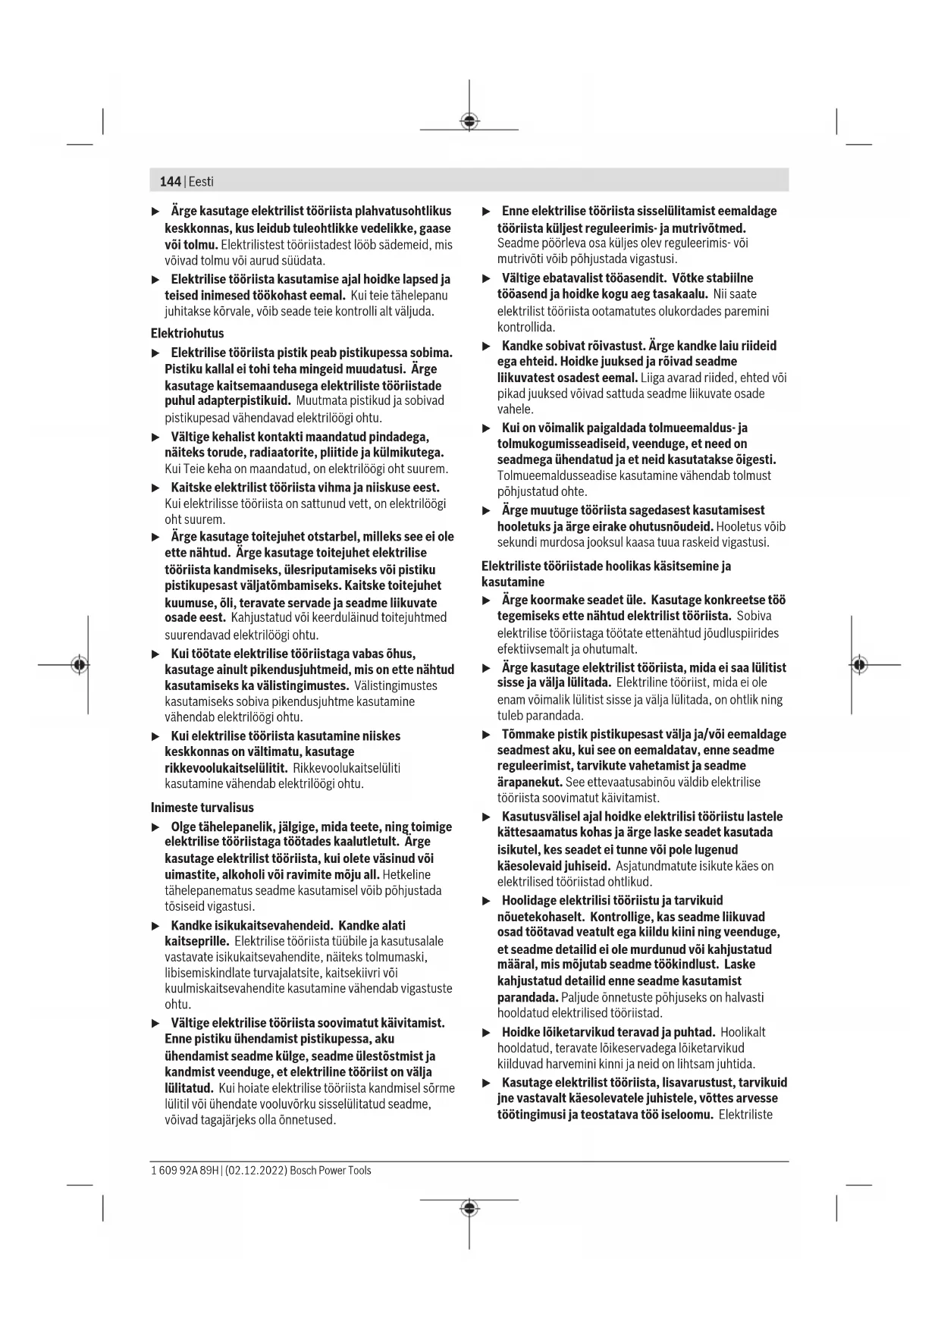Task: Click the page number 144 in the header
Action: coord(170,181)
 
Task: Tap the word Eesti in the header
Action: coord(201,181)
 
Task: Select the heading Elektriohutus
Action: coord(187,333)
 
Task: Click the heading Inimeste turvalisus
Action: coord(202,808)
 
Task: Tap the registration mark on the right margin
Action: coord(858,665)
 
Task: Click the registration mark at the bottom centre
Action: coord(469,1207)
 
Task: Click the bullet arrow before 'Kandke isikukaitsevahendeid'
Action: coord(155,926)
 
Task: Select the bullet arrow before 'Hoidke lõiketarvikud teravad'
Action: coord(487,1033)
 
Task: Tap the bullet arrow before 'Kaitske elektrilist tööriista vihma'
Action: coord(155,488)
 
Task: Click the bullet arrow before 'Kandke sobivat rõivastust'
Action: coord(487,346)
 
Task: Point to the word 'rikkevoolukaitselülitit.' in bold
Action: coord(226,768)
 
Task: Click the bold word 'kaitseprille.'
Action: coord(196,941)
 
